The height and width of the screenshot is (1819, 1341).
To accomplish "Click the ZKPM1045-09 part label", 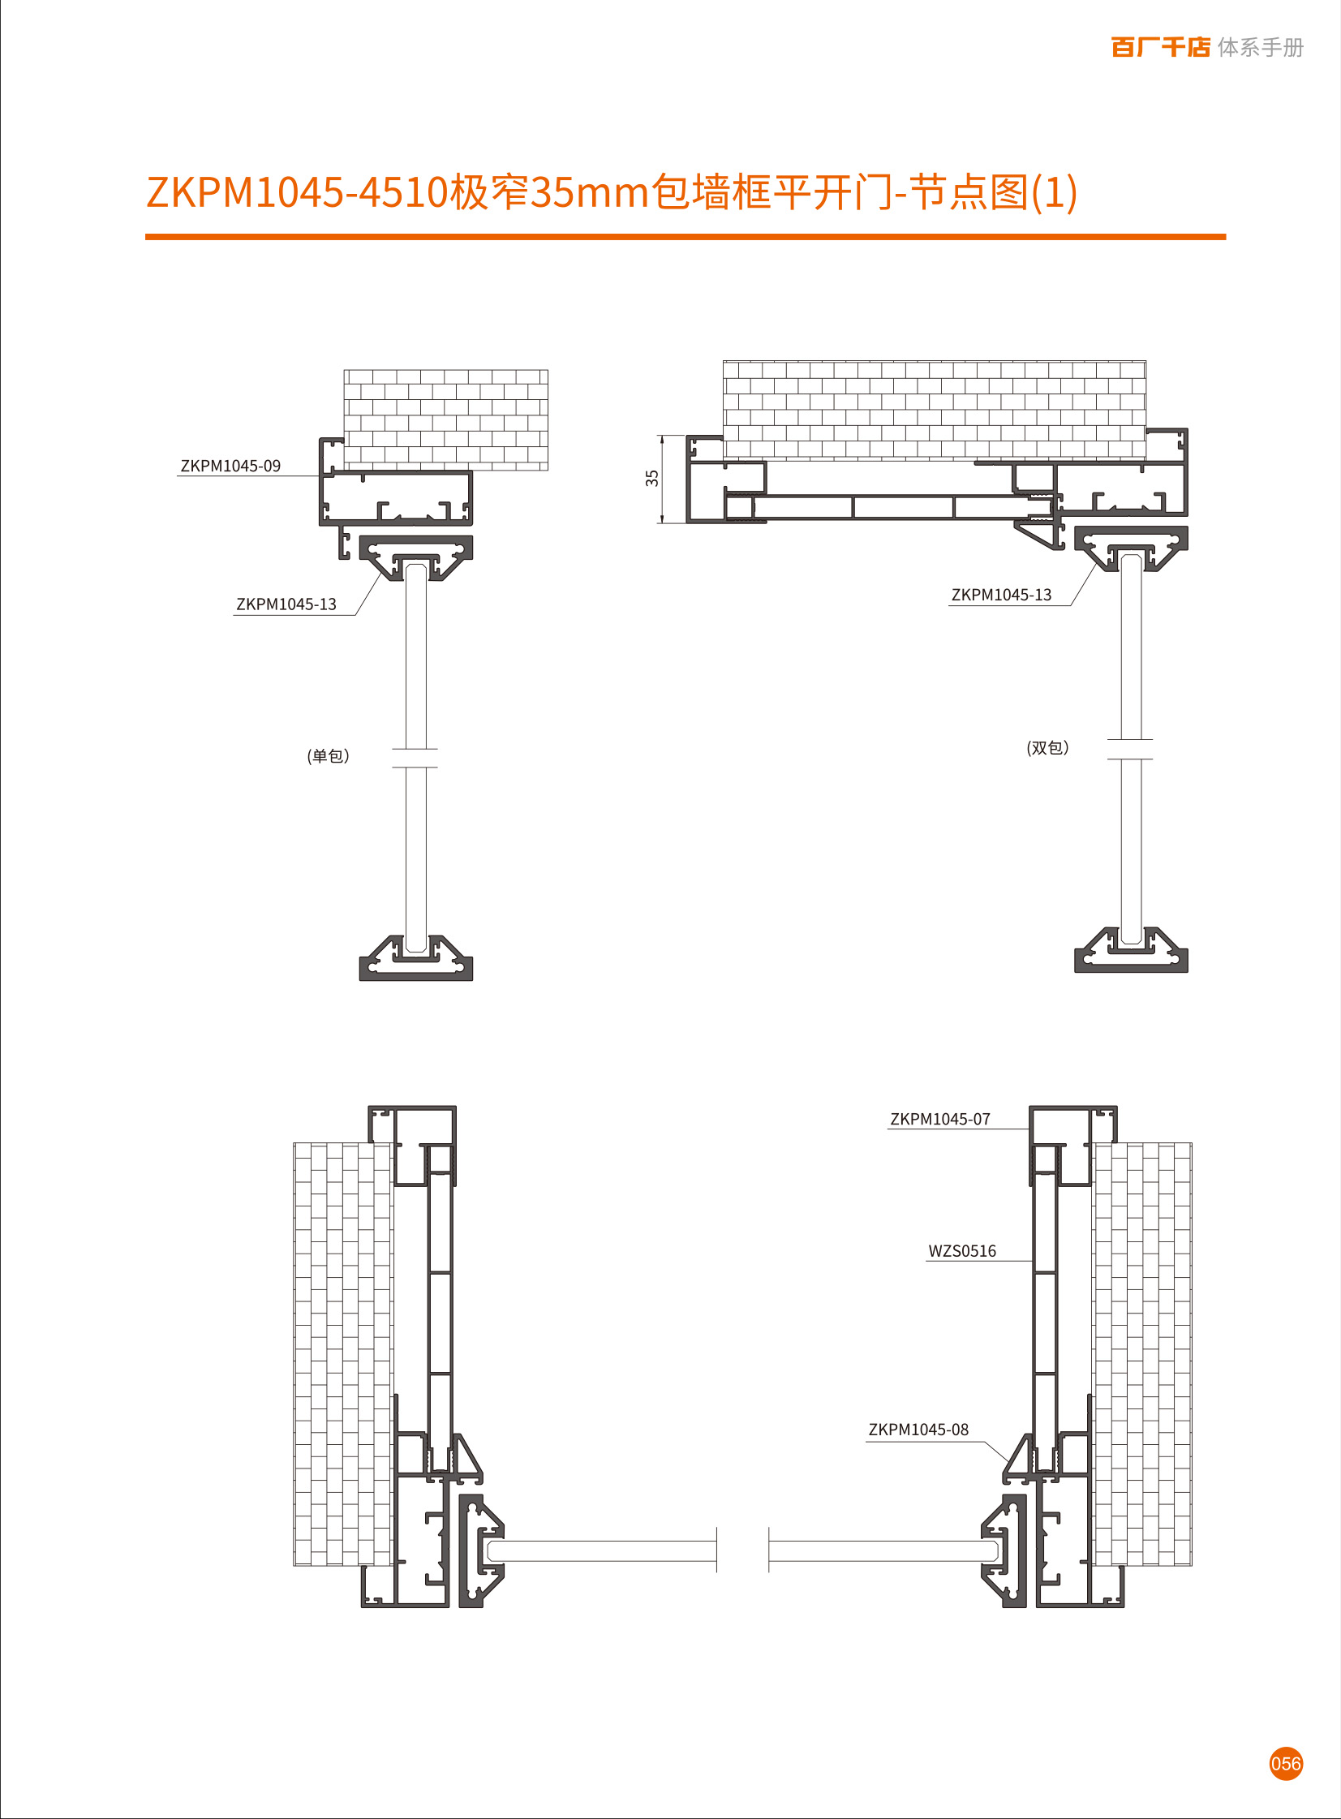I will [x=230, y=466].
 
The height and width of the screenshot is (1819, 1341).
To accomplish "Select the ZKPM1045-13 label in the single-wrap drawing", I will [x=286, y=604].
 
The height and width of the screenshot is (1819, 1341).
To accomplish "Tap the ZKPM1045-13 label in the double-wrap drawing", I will [x=1001, y=595].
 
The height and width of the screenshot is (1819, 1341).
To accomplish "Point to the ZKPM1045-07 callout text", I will [x=940, y=1120].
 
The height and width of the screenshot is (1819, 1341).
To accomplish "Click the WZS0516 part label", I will [x=962, y=1252].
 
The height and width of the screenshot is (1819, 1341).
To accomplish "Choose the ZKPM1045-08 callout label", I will [x=918, y=1430].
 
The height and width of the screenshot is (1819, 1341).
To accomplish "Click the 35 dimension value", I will [x=651, y=478].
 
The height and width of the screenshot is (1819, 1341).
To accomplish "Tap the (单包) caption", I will [x=328, y=756].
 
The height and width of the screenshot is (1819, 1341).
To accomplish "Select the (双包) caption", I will [x=1047, y=747].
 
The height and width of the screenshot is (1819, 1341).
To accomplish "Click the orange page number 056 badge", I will [x=1286, y=1764].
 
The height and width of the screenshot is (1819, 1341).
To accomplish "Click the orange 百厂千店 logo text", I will [x=1160, y=47].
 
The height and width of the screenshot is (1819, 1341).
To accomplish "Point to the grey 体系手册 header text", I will [x=1260, y=48].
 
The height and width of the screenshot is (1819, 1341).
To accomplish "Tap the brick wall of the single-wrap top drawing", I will [x=445, y=419].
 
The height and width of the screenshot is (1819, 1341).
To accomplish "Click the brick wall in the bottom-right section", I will [x=1142, y=1353].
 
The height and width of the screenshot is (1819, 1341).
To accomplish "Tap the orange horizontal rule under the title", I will [x=686, y=237].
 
